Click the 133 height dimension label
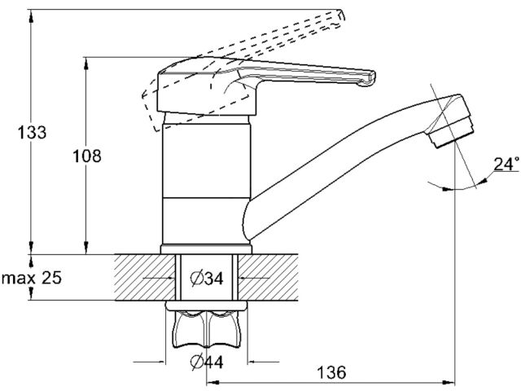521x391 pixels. pyautogui.click(x=30, y=132)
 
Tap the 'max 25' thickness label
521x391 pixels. pyautogui.click(x=32, y=279)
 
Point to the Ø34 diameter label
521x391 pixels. pyautogui.click(x=206, y=279)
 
